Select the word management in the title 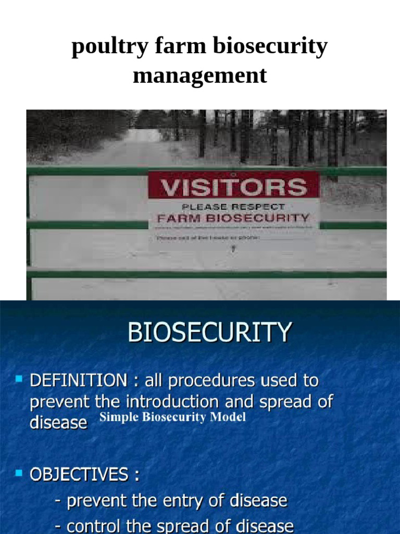coord(200,76)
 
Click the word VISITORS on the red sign coord(233,187)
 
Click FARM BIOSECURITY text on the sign coord(233,218)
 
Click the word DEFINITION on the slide coord(78,381)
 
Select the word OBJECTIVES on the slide coord(78,475)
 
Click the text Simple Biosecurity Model coord(172,418)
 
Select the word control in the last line coord(96,526)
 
